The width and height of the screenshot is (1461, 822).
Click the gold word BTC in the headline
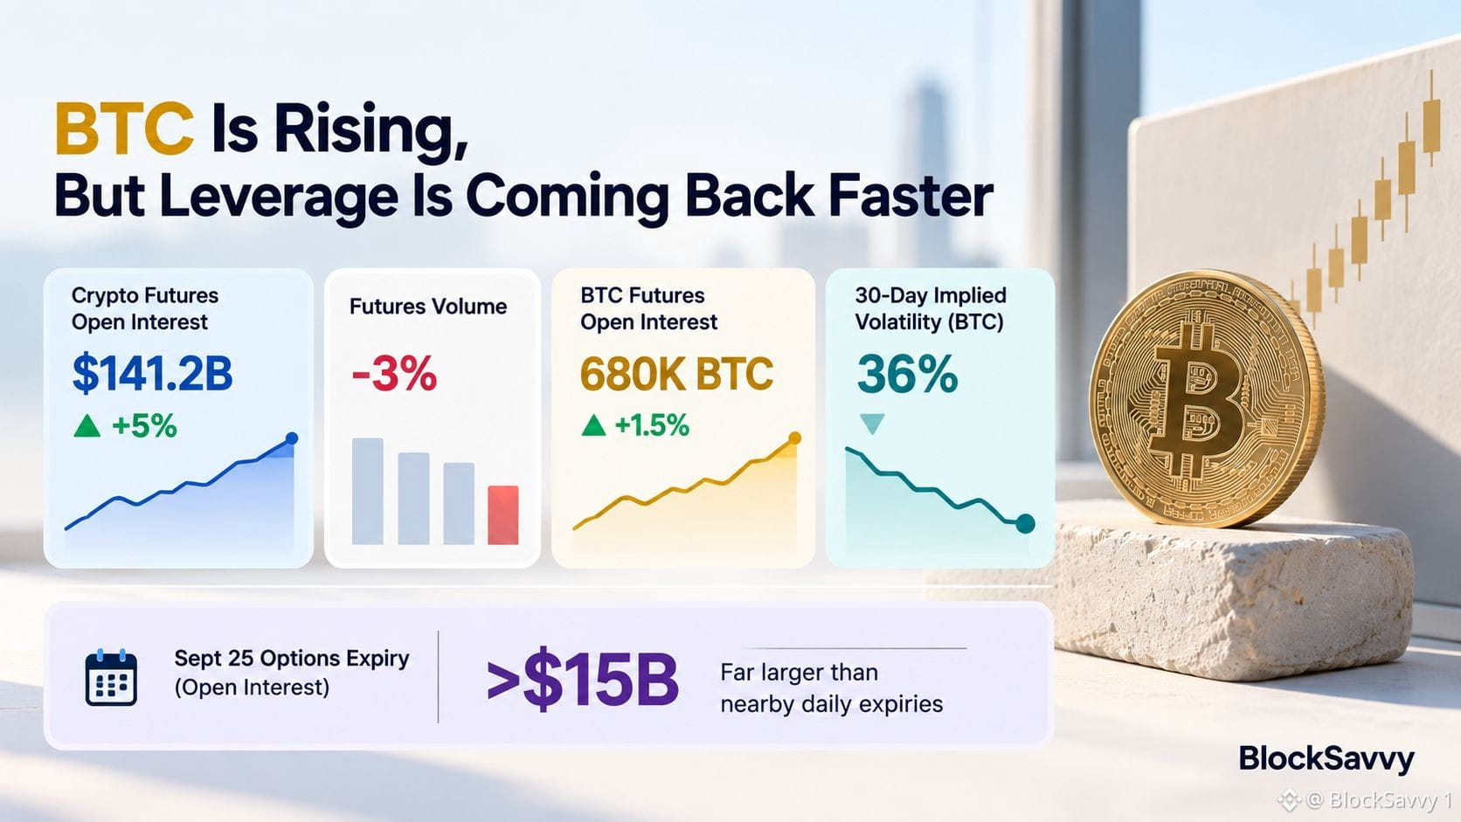[124, 128]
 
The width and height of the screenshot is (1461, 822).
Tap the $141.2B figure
[152, 374]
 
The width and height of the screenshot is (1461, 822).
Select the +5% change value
[144, 426]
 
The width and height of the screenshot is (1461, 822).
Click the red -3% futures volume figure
[394, 374]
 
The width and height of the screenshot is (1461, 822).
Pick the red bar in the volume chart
[502, 515]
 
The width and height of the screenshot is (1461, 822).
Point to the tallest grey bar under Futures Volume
[367, 491]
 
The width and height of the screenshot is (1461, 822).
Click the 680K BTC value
[676, 374]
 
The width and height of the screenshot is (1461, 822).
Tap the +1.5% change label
[652, 425]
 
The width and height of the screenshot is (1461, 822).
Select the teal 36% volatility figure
[907, 374]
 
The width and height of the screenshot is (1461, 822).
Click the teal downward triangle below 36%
[872, 423]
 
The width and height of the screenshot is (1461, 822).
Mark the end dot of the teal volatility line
[1025, 523]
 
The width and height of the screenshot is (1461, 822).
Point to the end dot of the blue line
[292, 439]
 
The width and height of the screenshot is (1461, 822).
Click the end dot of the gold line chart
[794, 438]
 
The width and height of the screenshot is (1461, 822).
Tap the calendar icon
[111, 678]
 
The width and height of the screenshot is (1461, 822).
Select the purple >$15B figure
[583, 678]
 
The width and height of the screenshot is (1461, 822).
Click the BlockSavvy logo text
[1326, 759]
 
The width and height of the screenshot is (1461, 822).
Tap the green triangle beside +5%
[87, 426]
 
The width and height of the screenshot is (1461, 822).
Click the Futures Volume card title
[428, 307]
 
